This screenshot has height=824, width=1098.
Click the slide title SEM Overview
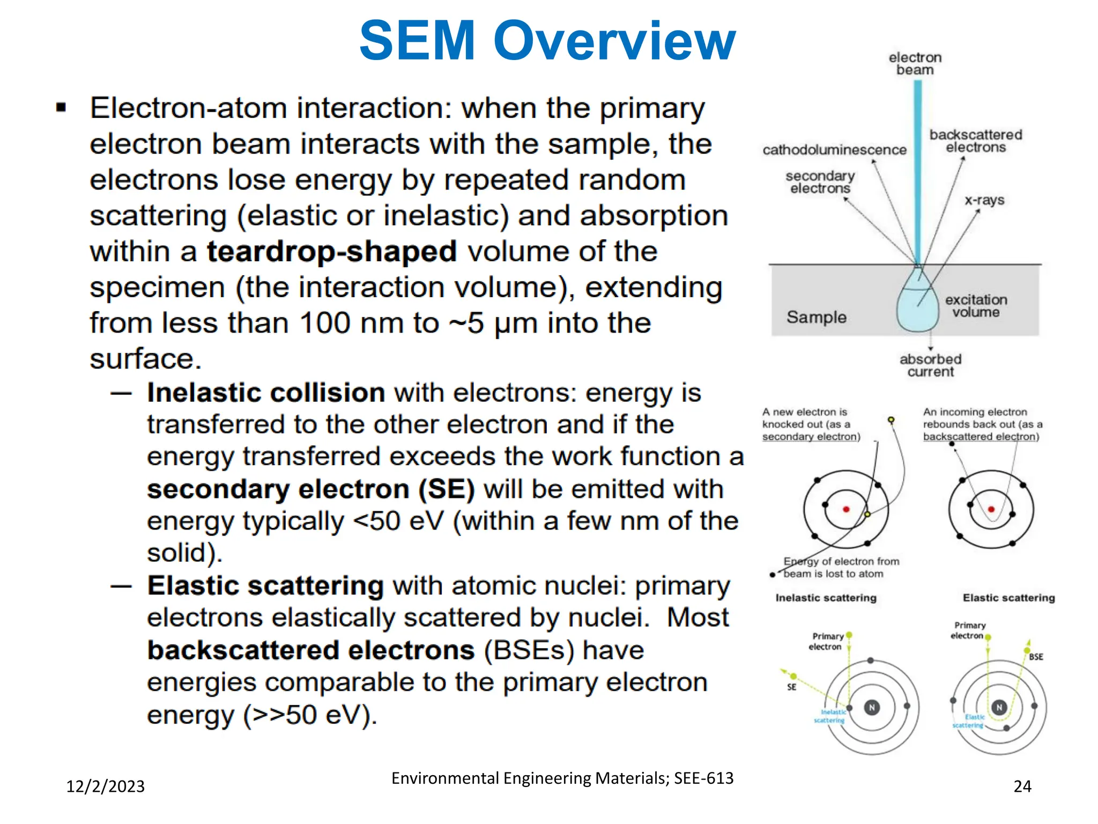pyautogui.click(x=547, y=41)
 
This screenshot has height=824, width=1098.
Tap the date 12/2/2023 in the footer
pyautogui.click(x=105, y=786)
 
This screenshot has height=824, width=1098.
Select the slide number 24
pyautogui.click(x=1022, y=786)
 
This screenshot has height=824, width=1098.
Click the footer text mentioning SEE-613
pyautogui.click(x=562, y=778)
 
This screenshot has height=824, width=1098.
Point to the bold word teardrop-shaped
pyautogui.click(x=332, y=252)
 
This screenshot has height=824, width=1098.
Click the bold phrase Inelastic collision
pyautogui.click(x=266, y=393)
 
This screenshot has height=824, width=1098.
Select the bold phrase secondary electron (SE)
pyautogui.click(x=311, y=489)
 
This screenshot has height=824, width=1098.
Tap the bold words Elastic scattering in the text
pyautogui.click(x=265, y=585)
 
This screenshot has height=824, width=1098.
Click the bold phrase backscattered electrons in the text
pyautogui.click(x=311, y=650)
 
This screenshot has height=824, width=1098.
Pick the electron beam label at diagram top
pyautogui.click(x=915, y=64)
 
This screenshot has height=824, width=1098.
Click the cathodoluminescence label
pyautogui.click(x=834, y=150)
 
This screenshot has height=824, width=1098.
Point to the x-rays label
pyautogui.click(x=984, y=201)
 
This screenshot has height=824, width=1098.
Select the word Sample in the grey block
pyautogui.click(x=817, y=317)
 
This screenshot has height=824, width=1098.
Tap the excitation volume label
pyautogui.click(x=976, y=306)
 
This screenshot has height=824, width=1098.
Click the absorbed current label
pyautogui.click(x=930, y=365)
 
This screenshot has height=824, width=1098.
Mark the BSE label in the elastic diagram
pyautogui.click(x=1036, y=657)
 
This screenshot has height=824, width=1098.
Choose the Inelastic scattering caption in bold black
pyautogui.click(x=826, y=598)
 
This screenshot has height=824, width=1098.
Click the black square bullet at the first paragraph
pyautogui.click(x=61, y=108)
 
